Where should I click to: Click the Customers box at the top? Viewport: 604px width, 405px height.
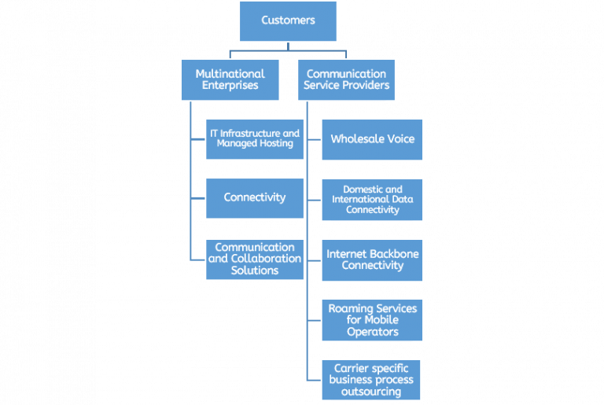pos(288,21)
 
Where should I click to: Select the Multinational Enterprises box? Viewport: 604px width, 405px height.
pos(230,79)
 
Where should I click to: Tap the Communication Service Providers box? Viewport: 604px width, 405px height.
pos(346,79)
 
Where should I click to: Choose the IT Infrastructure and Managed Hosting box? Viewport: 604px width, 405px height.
pos(254,139)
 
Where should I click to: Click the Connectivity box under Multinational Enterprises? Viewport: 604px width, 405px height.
pos(254,197)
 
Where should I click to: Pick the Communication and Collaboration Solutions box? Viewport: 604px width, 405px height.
pos(254,259)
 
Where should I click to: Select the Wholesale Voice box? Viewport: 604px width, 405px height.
pos(372,139)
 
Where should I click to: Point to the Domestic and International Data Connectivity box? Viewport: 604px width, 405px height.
pos(372,200)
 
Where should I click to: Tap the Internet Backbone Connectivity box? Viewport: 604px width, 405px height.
pos(372,260)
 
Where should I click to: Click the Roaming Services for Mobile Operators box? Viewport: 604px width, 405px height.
pos(372,320)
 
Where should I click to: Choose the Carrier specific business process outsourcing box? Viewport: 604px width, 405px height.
pos(372,380)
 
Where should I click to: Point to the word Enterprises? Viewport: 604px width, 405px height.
pos(230,85)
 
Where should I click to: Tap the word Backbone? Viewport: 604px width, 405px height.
pos(390,255)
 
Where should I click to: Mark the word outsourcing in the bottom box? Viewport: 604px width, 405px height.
pos(372,391)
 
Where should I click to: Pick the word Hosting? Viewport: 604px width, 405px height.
pos(275,144)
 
